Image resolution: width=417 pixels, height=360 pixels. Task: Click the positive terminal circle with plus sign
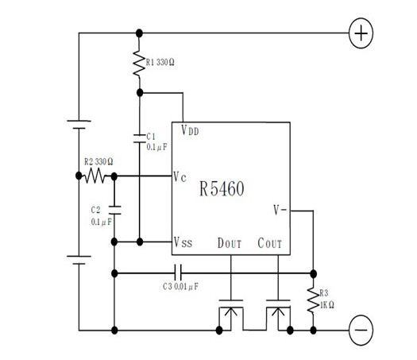[361, 33]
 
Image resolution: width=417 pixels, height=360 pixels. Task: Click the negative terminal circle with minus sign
[361, 330]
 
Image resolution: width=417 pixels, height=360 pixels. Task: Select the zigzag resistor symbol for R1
[139, 63]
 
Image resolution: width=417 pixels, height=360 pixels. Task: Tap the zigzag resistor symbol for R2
[95, 176]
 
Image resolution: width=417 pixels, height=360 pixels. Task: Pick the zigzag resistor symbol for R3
[313, 300]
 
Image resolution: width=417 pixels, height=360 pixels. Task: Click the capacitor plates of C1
[139, 139]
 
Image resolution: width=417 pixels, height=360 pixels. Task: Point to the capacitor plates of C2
[114, 210]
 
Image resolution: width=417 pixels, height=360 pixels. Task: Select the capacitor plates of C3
[178, 273]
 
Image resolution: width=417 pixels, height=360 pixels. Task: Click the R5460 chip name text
[222, 188]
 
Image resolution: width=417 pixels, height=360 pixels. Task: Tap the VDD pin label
[190, 130]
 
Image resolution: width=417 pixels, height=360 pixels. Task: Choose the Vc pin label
[180, 176]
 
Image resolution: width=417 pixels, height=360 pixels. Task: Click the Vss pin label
[183, 242]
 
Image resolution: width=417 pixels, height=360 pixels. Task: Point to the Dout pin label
[230, 243]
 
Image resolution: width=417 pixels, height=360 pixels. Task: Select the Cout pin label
[270, 243]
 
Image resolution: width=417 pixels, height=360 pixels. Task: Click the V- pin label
[280, 210]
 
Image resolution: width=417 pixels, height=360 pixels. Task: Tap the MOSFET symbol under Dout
[231, 315]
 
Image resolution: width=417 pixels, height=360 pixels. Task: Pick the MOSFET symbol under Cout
[278, 315]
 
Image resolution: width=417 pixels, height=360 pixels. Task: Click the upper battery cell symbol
[79, 125]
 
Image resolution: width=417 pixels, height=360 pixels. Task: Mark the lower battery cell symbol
[79, 260]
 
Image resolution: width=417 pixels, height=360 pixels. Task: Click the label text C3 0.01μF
[180, 287]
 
